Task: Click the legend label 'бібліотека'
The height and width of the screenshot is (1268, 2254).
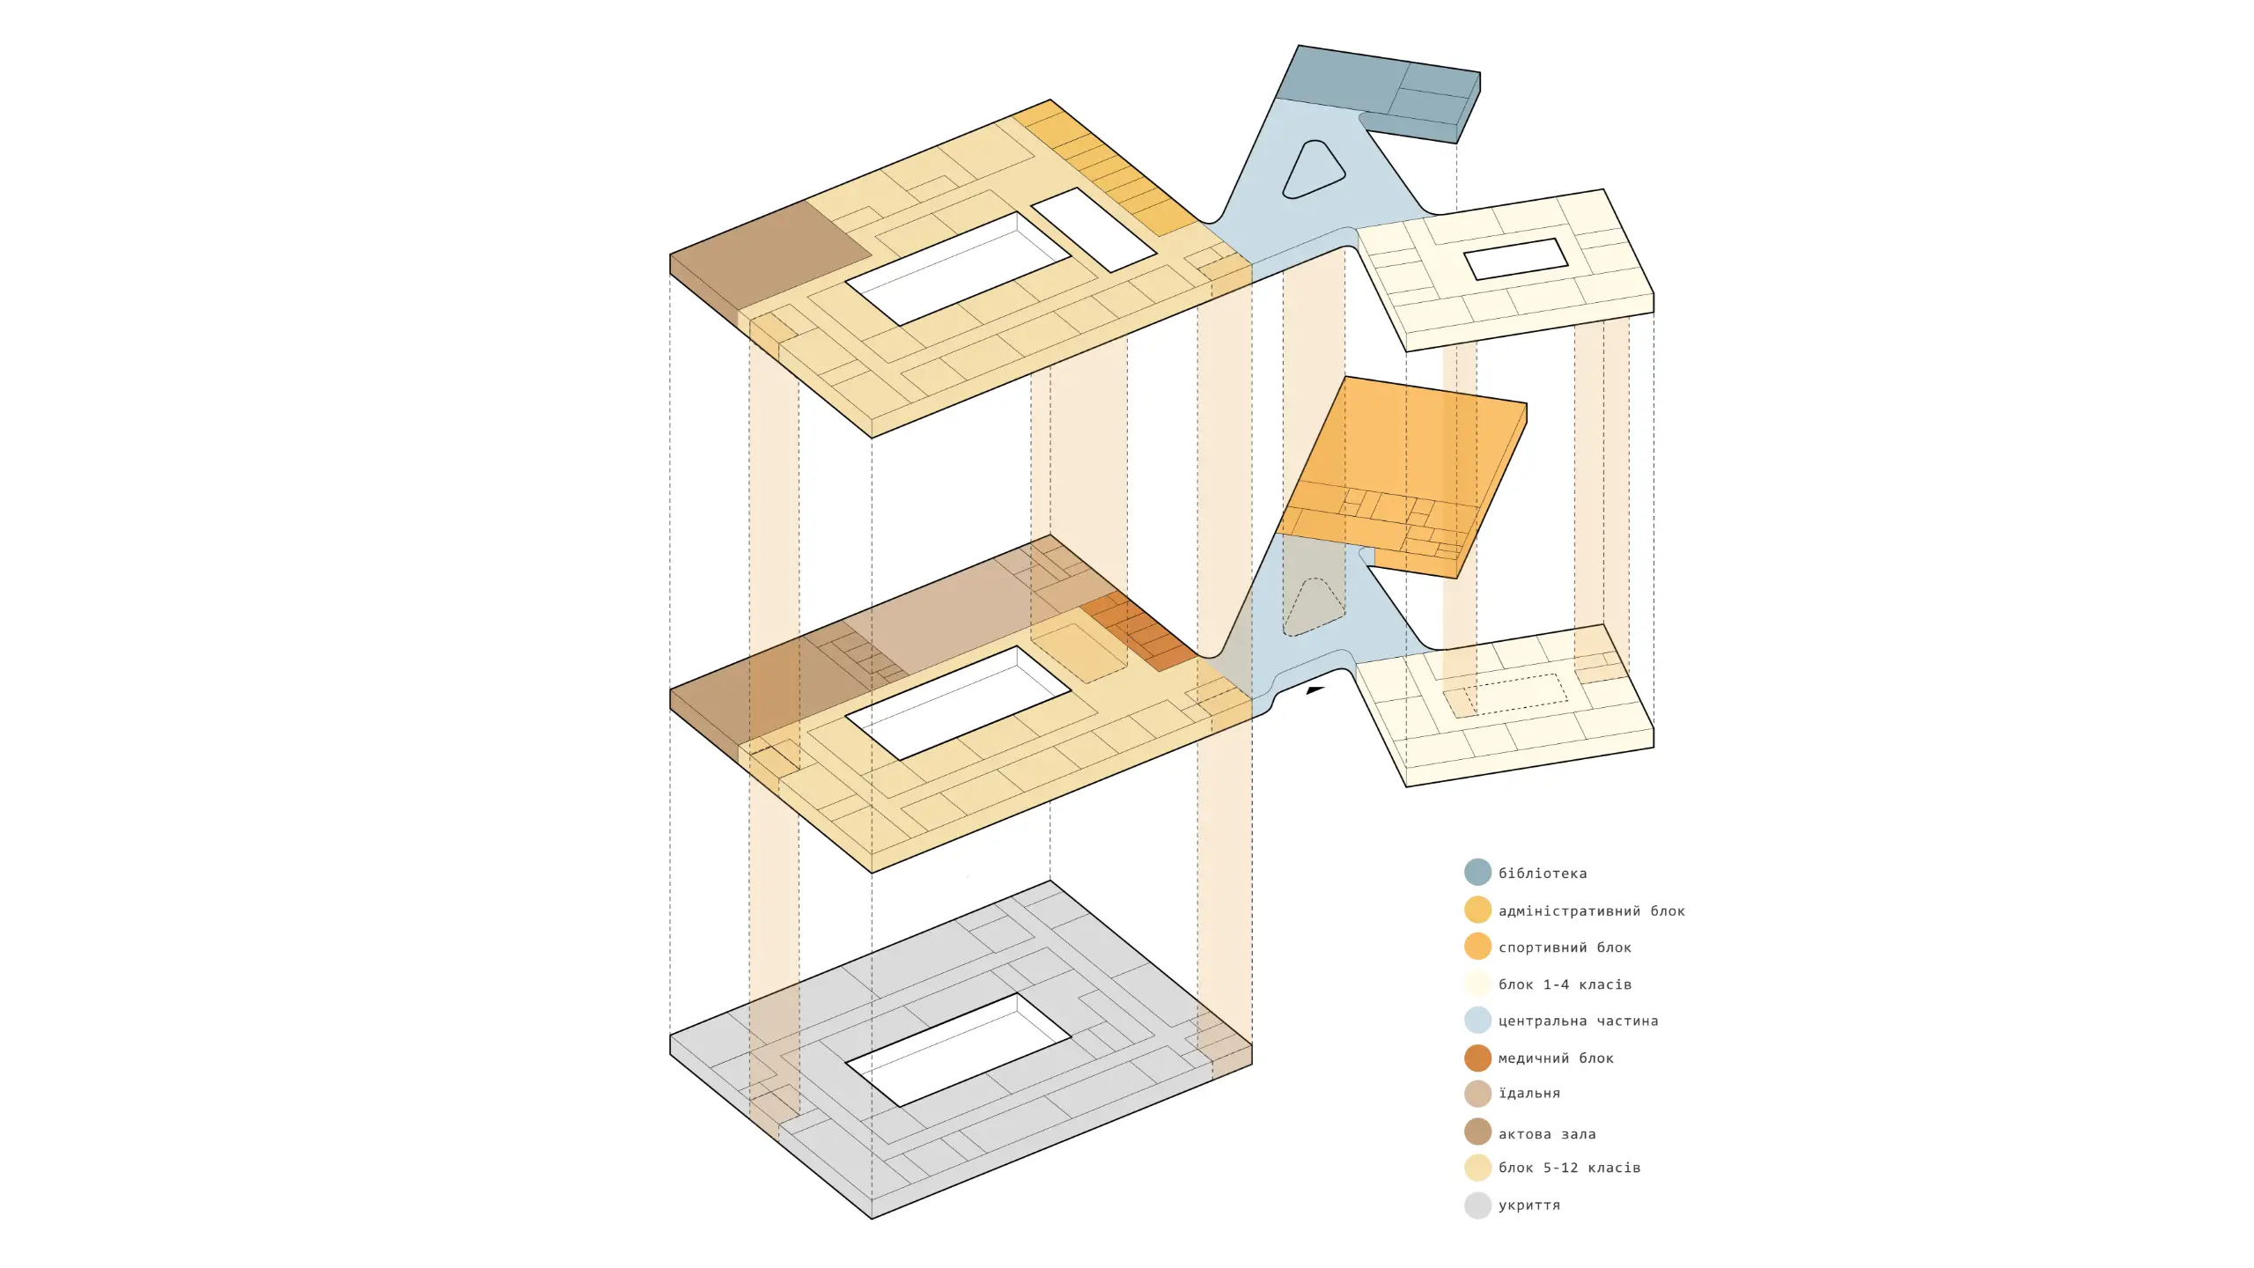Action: pos(1543,874)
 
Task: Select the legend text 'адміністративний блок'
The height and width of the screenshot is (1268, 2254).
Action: pos(1592,911)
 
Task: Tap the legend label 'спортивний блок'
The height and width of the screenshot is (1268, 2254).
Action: pos(1565,948)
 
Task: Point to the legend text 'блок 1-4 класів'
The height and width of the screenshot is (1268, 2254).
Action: pos(1565,984)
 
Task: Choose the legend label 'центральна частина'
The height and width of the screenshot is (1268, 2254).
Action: pos(1579,1021)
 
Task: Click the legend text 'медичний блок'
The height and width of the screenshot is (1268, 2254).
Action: pos(1556,1058)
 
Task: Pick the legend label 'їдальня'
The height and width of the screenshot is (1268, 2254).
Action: pos(1529,1094)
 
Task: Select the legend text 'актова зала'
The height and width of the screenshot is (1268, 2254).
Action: pos(1547,1134)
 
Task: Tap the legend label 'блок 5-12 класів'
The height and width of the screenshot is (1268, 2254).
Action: pos(1569,1168)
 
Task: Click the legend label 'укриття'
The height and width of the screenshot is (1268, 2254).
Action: pos(1529,1205)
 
